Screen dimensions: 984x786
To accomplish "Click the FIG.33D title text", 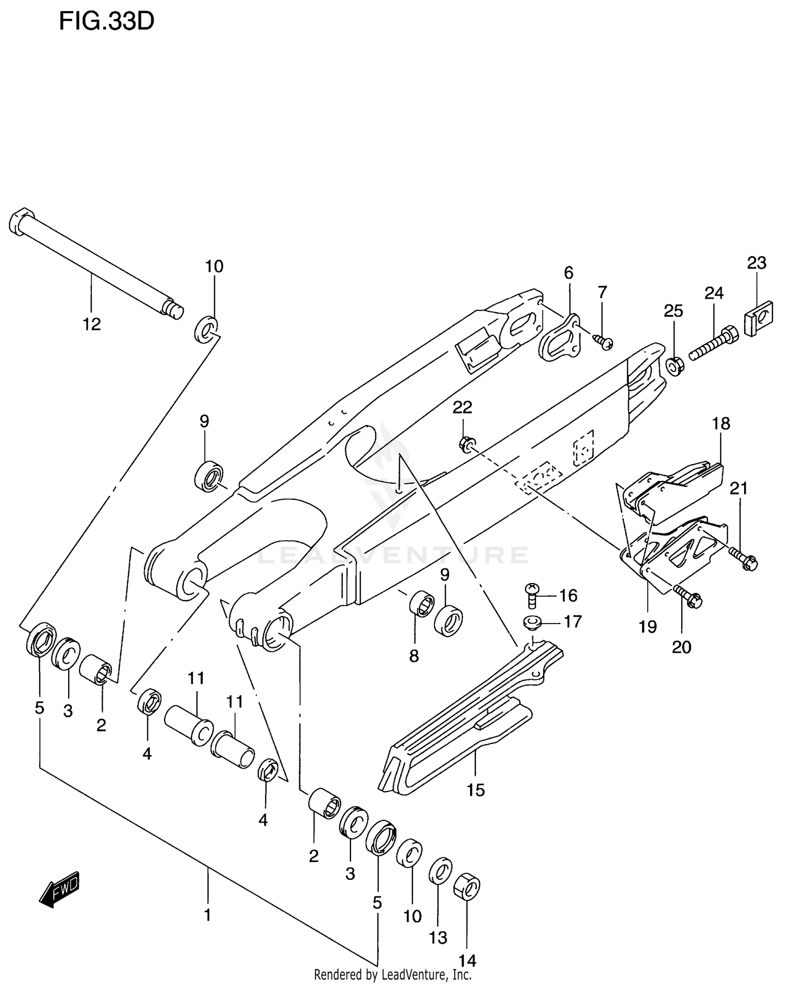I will [x=106, y=21].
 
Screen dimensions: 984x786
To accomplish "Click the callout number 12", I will [x=92, y=324].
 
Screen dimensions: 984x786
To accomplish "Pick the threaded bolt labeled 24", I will [x=714, y=343].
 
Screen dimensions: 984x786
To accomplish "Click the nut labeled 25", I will [x=674, y=365].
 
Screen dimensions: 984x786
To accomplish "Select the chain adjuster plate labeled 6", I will [x=560, y=338].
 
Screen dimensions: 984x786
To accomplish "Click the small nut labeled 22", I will [x=466, y=443].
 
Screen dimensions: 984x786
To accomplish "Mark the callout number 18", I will [x=721, y=423].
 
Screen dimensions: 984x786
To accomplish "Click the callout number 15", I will [x=476, y=790].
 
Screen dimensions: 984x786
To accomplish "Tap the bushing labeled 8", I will [x=421, y=604].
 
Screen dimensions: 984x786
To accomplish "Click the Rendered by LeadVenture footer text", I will [x=392, y=975].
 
